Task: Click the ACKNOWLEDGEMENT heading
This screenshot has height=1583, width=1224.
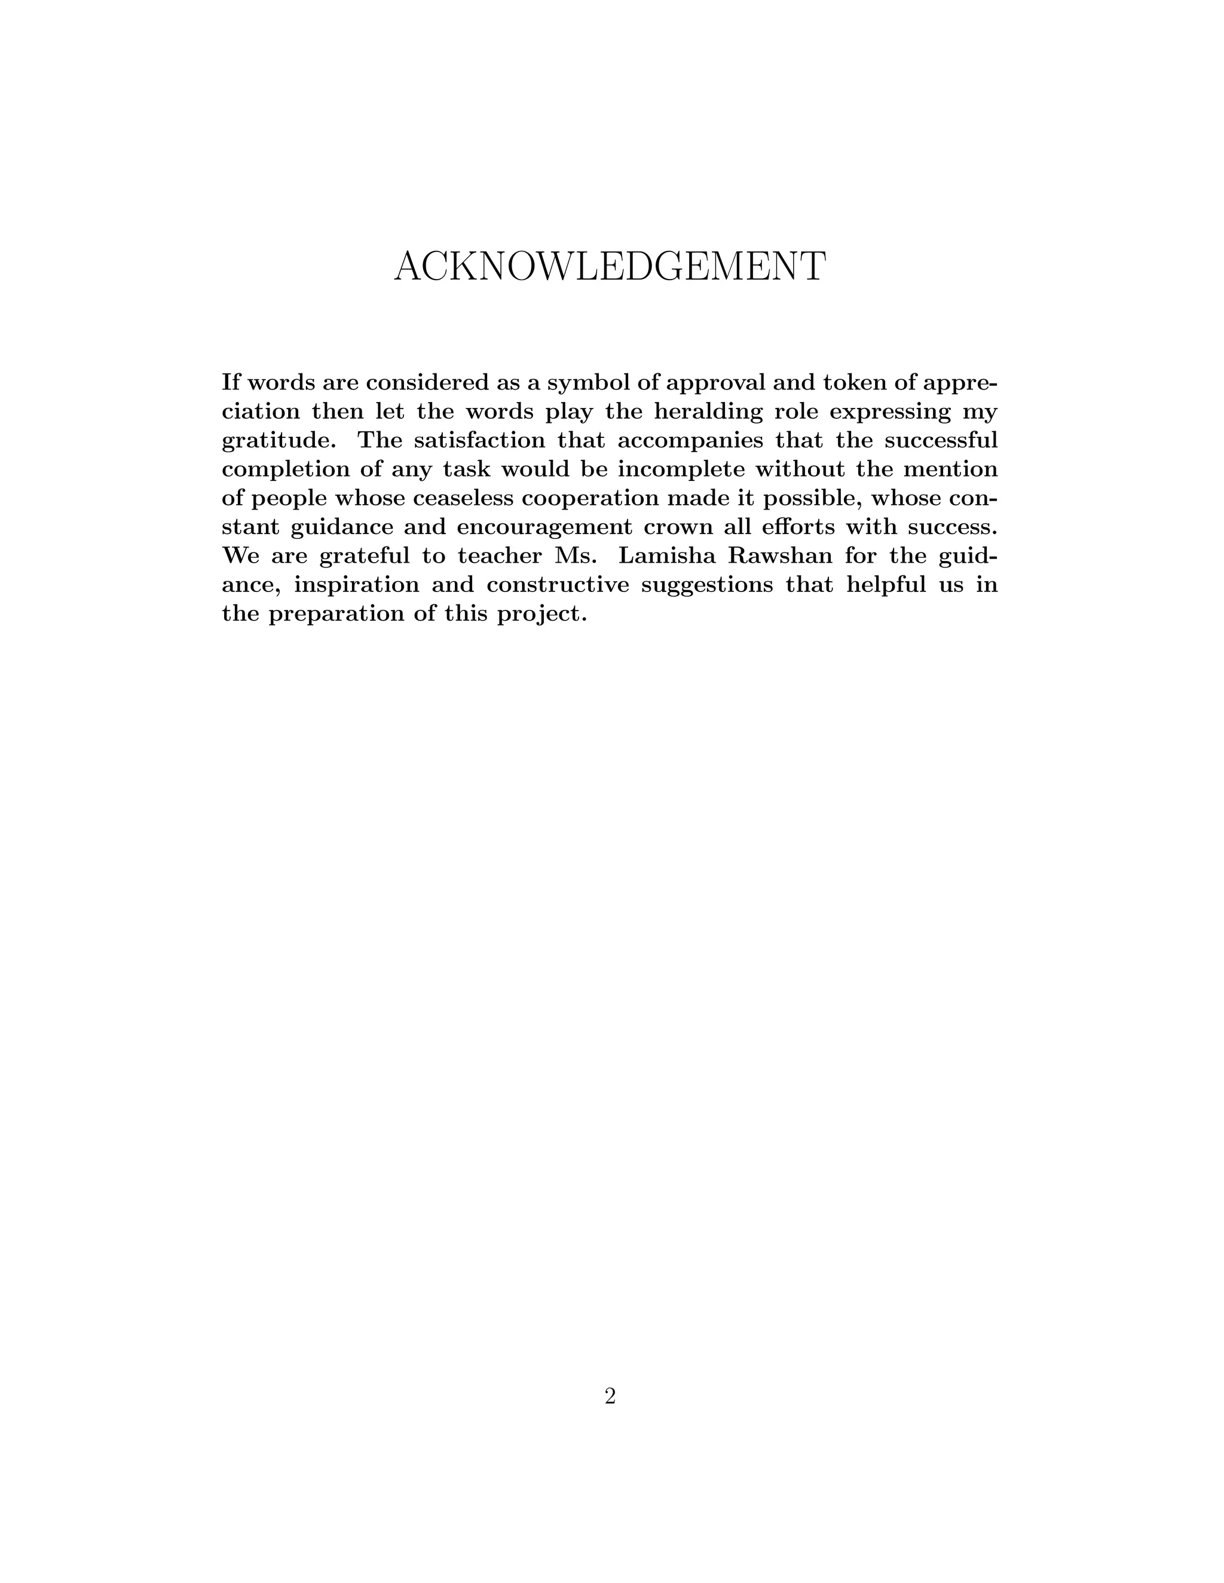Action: tap(609, 267)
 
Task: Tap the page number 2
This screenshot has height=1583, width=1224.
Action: tap(610, 1396)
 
